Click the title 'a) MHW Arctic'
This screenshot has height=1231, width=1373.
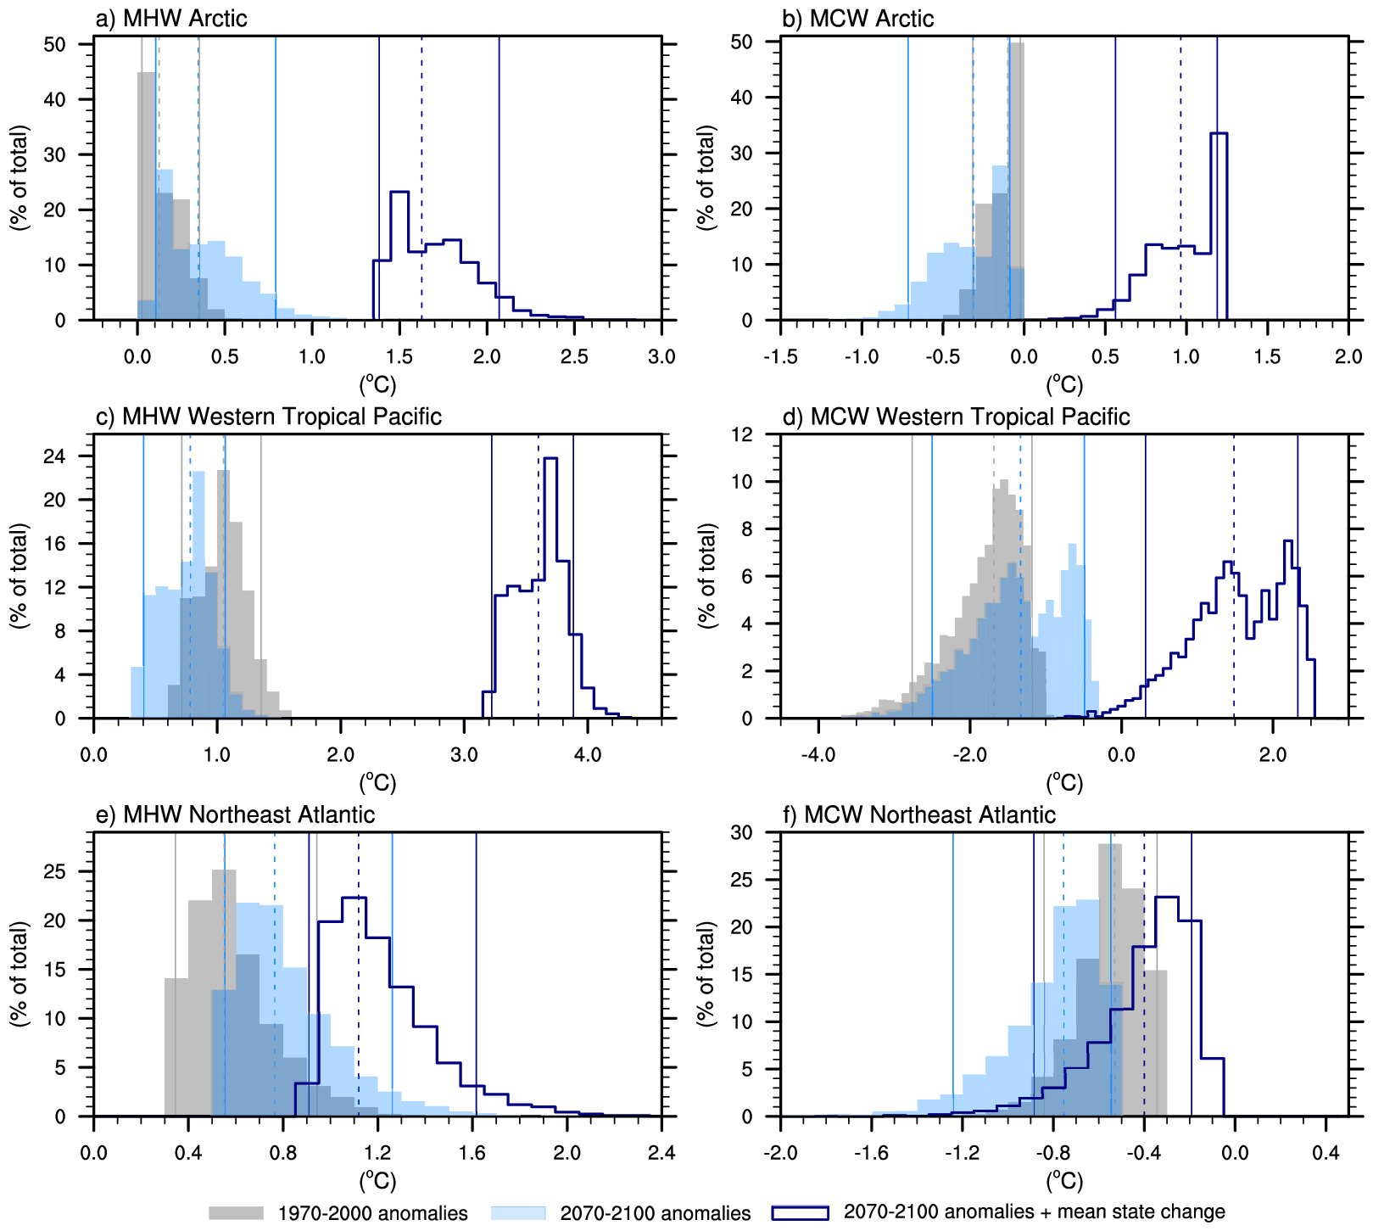click(172, 19)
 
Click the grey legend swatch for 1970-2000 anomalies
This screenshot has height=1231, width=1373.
click(236, 1212)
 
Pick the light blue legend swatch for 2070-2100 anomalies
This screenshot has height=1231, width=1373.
click(519, 1212)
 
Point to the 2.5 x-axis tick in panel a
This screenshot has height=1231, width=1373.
click(574, 356)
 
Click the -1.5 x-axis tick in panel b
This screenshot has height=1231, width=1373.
click(780, 356)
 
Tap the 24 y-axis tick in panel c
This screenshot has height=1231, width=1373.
click(55, 456)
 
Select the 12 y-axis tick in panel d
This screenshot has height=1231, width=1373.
click(742, 434)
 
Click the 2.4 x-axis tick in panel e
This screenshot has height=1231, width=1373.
click(661, 1152)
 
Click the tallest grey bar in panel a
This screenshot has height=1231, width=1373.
click(147, 195)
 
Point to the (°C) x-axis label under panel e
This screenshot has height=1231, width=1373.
click(377, 1180)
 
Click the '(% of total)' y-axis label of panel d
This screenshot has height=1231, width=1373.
click(707, 576)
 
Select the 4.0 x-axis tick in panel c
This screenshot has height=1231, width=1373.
click(588, 754)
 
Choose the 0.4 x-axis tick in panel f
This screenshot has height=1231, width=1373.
click(1326, 1152)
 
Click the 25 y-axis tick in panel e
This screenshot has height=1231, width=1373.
click(55, 871)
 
